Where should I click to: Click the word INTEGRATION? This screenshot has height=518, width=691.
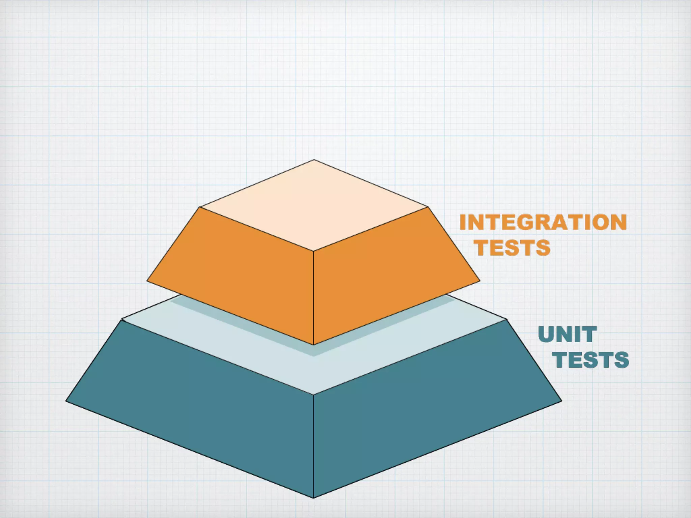coord(543,223)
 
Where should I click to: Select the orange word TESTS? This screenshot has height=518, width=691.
coord(514,248)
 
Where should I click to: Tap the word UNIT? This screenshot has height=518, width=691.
coord(568,335)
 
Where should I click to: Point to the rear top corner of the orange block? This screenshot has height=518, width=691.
coord(314,160)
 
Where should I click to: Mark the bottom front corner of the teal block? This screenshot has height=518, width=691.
coord(313,497)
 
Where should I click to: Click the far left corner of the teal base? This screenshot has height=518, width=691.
coord(66,401)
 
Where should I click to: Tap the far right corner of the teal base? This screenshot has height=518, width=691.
coord(561,401)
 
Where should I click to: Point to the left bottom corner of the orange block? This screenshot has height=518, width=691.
coord(147,280)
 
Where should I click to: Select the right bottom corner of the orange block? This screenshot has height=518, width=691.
coord(480,280)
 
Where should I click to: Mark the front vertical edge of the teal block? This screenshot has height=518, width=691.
coord(313,445)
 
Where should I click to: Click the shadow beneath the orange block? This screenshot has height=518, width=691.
coord(314,351)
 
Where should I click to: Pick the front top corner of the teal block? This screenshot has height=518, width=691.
coord(313,394)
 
